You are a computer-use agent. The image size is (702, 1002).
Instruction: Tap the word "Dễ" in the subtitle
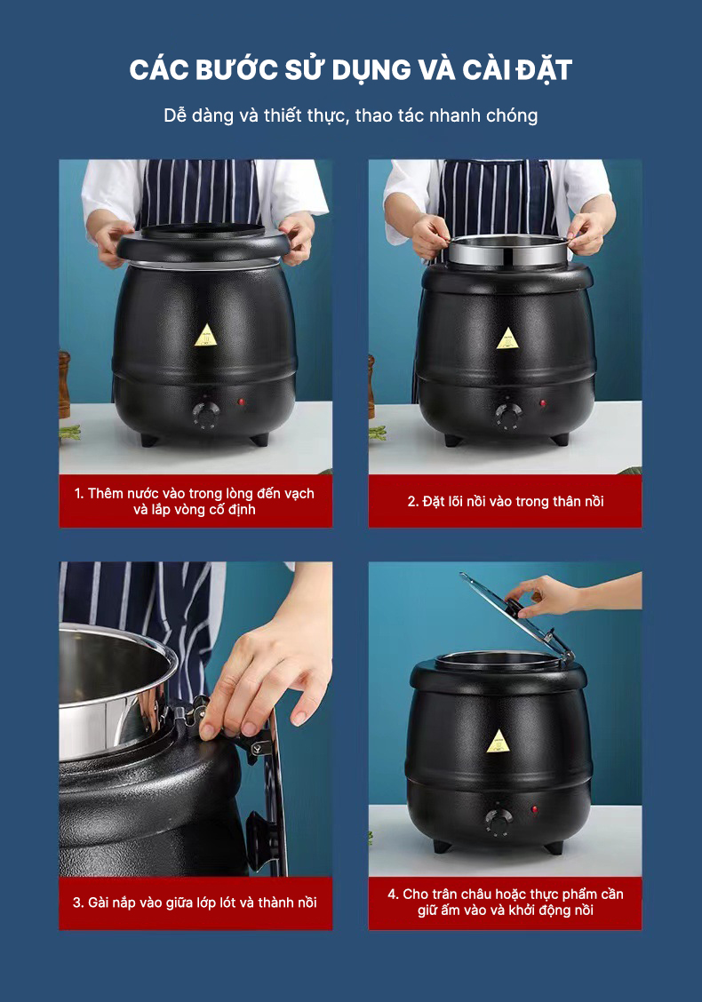[x=174, y=115]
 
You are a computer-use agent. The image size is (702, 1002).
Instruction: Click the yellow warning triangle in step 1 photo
[x=206, y=335]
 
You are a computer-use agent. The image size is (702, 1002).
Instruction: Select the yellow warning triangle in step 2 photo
[x=508, y=338]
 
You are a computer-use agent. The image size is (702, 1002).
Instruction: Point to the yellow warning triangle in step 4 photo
[x=498, y=741]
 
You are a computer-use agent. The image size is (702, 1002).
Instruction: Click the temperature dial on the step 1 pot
[x=206, y=416]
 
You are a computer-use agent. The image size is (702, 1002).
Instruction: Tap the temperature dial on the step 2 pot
[x=509, y=417]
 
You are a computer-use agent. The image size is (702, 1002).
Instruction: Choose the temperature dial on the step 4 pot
[x=498, y=822]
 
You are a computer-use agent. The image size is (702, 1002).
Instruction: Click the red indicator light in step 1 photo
[x=242, y=402]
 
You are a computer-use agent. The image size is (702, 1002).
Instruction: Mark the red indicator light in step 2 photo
[x=543, y=403]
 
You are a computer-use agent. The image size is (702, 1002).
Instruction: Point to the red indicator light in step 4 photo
[x=534, y=809]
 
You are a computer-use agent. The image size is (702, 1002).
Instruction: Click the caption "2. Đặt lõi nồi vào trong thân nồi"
[x=506, y=502]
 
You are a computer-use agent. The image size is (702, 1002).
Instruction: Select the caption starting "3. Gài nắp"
[x=195, y=903]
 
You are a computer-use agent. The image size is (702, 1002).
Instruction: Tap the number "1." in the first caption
[x=79, y=493]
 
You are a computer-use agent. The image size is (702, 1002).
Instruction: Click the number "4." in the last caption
[x=393, y=894]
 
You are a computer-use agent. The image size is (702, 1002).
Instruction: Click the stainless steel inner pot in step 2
[x=508, y=250]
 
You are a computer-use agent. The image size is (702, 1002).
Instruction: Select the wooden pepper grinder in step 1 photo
[x=64, y=385]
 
